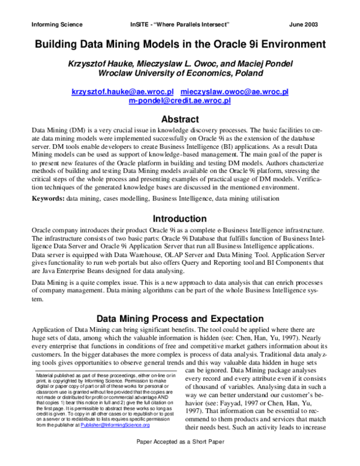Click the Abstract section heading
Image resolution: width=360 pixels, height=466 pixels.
tap(180, 119)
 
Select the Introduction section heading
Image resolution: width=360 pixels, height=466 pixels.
tap(180, 219)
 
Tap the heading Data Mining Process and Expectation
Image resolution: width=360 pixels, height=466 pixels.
tap(180, 319)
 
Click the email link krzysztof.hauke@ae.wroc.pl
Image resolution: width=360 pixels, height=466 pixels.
tap(122, 92)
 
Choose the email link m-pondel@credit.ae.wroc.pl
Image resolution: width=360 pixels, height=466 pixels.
tap(180, 101)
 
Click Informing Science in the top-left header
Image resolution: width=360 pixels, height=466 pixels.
tap(56, 25)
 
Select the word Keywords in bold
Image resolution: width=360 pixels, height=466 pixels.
tap(47, 198)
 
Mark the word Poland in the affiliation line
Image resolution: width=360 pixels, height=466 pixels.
tap(247, 74)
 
